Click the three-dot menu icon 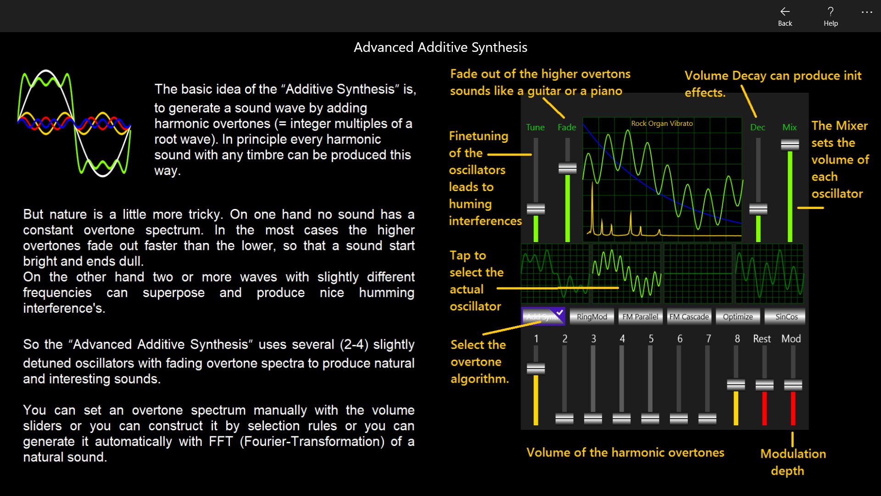(866, 12)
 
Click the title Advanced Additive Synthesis (440, 47)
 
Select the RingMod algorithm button (591, 316)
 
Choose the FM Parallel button (640, 316)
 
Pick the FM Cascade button (689, 316)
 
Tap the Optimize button (737, 316)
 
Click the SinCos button (786, 316)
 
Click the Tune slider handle (535, 209)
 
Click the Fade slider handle (567, 169)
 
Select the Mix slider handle (790, 145)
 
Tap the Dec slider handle (758, 209)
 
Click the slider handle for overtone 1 (535, 369)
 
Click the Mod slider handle (793, 385)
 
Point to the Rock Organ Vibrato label (662, 123)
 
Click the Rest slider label (762, 338)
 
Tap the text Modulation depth (792, 462)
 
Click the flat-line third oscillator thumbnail (697, 274)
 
